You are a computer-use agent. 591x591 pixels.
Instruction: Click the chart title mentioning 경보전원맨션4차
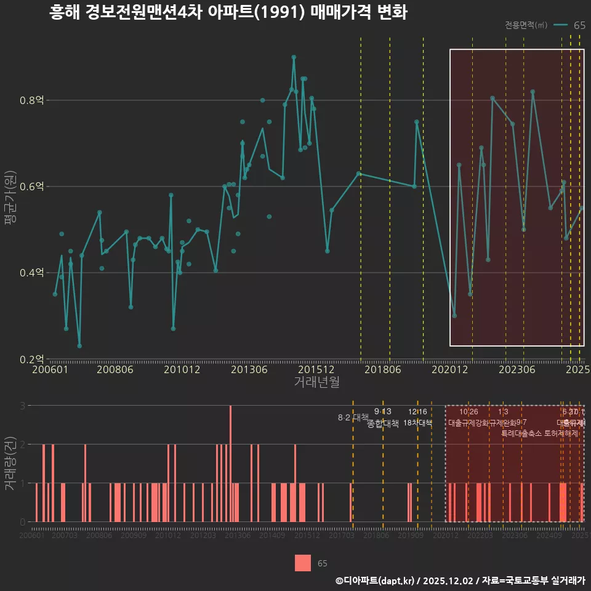pyautogui.click(x=228, y=13)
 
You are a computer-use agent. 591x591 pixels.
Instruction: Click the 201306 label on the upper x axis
pyautogui.click(x=249, y=370)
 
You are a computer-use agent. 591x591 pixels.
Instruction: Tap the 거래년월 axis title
pyautogui.click(x=316, y=382)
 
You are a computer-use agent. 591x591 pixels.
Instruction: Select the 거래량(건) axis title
pyautogui.click(x=10, y=464)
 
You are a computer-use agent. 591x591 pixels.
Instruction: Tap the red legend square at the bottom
pyautogui.click(x=303, y=563)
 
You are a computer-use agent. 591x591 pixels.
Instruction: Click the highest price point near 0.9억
pyautogui.click(x=294, y=57)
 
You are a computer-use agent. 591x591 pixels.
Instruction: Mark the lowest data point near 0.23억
pyautogui.click(x=79, y=346)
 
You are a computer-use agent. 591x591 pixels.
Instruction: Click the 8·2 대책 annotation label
pyautogui.click(x=353, y=417)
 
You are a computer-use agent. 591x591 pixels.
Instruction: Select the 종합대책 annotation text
pyautogui.click(x=383, y=424)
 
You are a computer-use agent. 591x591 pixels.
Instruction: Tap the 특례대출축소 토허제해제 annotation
pyautogui.click(x=540, y=433)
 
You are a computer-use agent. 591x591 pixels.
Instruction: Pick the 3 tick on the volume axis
pyautogui.click(x=23, y=406)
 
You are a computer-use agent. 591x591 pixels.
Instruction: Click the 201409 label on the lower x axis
pyautogui.click(x=271, y=536)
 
